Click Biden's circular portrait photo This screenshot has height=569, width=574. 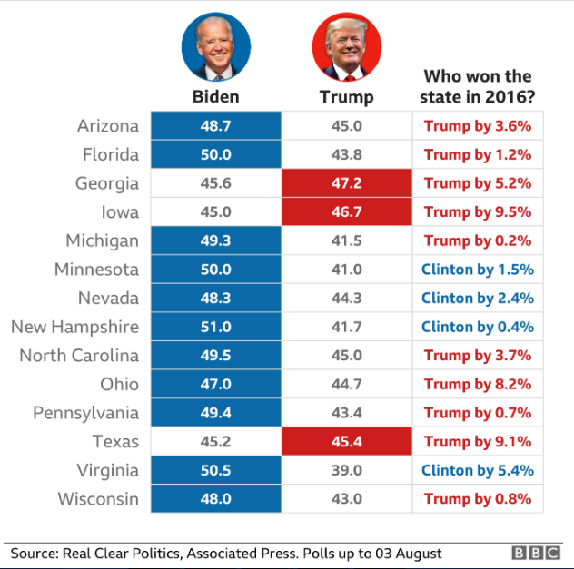tap(215, 47)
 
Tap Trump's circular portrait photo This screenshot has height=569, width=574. tap(346, 47)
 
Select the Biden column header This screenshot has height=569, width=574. tap(215, 97)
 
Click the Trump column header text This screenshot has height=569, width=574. tap(346, 97)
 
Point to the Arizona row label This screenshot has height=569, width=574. tap(108, 126)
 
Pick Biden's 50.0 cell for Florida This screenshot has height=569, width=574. tap(215, 155)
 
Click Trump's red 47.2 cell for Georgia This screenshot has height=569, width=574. tap(346, 183)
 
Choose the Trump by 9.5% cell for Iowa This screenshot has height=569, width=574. tap(478, 212)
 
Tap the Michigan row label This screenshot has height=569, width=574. tap(103, 241)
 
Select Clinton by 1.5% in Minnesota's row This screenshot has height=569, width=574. tap(478, 270)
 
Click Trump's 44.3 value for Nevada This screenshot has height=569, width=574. tap(346, 299)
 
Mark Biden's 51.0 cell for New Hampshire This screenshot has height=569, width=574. tap(215, 327)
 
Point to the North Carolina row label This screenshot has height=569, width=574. tap(79, 356)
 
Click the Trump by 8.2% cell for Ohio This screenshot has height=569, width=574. tap(478, 385)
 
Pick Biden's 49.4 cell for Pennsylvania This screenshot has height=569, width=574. tap(215, 413)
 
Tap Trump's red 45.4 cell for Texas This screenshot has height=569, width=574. tap(346, 442)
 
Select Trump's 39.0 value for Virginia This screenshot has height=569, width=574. tap(346, 470)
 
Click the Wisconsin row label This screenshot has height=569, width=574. tap(98, 499)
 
